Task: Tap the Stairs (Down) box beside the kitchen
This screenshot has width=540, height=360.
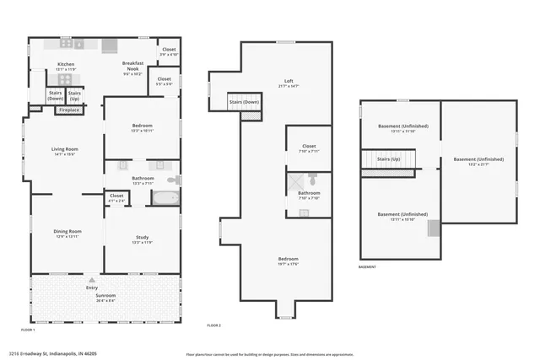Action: [x=56, y=95]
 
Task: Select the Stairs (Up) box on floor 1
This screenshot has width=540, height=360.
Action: [x=75, y=95]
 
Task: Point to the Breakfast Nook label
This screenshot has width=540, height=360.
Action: [x=131, y=67]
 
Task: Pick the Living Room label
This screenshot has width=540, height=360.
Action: [x=64, y=152]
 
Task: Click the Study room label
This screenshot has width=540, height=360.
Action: [x=142, y=240]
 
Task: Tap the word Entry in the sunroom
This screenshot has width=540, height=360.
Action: [x=92, y=288]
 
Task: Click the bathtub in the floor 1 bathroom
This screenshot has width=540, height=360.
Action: [x=165, y=199]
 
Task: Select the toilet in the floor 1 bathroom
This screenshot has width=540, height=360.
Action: [x=173, y=180]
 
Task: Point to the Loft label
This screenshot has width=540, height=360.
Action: [x=289, y=83]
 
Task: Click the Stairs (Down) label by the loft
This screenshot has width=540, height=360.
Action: [x=244, y=104]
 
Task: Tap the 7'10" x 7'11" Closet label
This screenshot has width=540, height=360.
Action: [x=308, y=148]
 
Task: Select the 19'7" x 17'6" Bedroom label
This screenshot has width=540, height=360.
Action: [x=289, y=261]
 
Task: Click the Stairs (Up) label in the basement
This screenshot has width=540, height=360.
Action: [x=389, y=159]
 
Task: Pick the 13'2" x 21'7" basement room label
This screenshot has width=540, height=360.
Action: [x=478, y=161]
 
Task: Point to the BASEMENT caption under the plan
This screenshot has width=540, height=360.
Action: [x=367, y=266]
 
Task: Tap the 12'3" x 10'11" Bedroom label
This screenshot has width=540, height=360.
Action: [x=142, y=127]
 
